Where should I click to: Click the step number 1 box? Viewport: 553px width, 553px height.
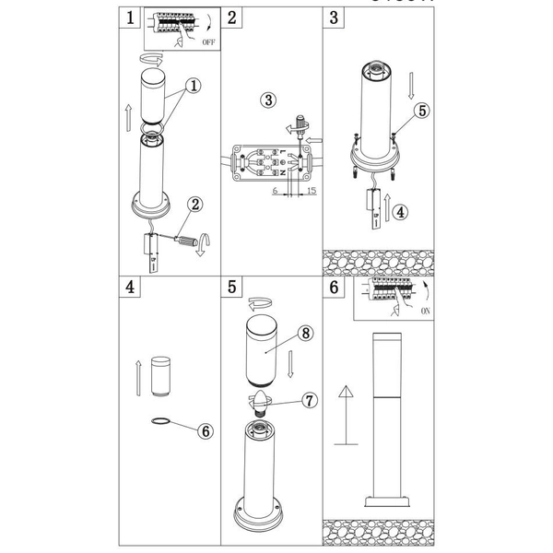pyautogui.click(x=133, y=18)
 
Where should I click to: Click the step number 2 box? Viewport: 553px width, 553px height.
pyautogui.click(x=233, y=18)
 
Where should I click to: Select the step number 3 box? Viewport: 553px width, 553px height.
pyautogui.click(x=335, y=18)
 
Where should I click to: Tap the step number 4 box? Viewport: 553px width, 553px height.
pyautogui.click(x=133, y=287)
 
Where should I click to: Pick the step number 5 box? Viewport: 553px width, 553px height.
pyautogui.click(x=233, y=287)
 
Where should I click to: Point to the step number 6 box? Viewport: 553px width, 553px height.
pyautogui.click(x=335, y=287)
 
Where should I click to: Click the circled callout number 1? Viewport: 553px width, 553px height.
pyautogui.click(x=194, y=86)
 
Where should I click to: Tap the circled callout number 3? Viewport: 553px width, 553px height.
pyautogui.click(x=267, y=100)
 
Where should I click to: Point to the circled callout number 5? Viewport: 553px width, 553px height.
pyautogui.click(x=421, y=110)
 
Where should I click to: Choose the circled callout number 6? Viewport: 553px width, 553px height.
pyautogui.click(x=206, y=429)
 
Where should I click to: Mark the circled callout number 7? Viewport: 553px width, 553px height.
pyautogui.click(x=310, y=401)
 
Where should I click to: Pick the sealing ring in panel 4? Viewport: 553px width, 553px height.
pyautogui.click(x=160, y=421)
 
